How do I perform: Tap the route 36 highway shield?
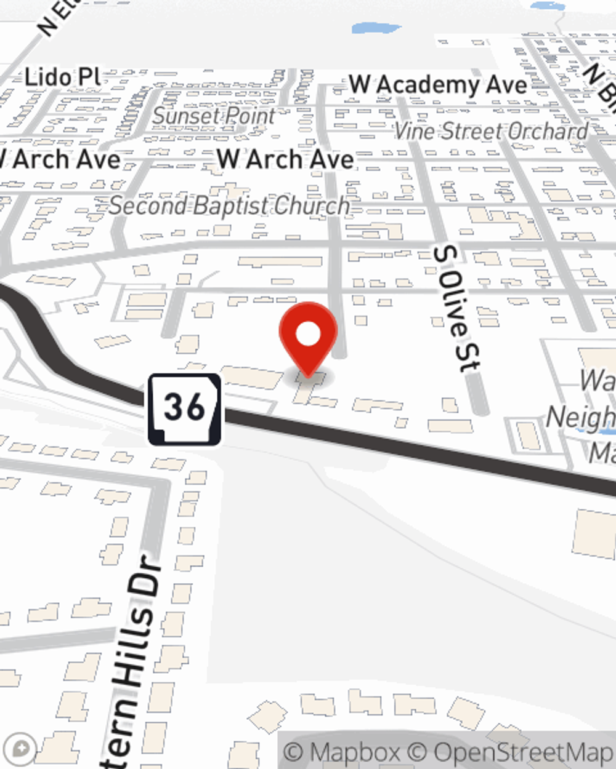[x=184, y=408]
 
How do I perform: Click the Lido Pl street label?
[x=63, y=78]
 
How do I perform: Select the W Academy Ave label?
[x=438, y=85]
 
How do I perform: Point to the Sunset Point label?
[x=214, y=116]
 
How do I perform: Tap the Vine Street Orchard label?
[x=491, y=131]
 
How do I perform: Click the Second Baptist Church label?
[x=229, y=206]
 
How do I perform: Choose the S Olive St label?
[x=456, y=308]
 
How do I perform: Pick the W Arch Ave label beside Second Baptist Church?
[x=285, y=159]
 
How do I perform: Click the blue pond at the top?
[x=376, y=28]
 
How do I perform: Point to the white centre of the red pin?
[x=308, y=335]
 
